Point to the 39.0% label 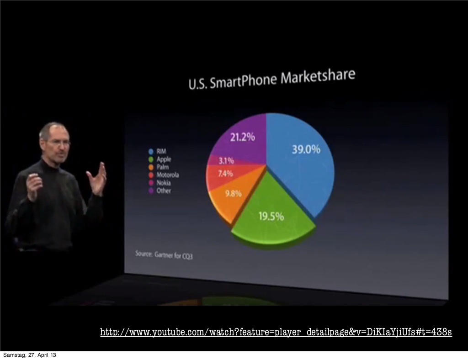[x=306, y=149]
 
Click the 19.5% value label [x=271, y=216]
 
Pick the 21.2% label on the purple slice [x=242, y=137]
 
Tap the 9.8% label [x=233, y=193]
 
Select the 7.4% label [x=225, y=174]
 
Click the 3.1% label [x=226, y=161]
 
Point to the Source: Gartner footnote [x=164, y=254]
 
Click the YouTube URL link [x=276, y=332]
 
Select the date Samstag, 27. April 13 [x=30, y=355]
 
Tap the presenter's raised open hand [x=97, y=179]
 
